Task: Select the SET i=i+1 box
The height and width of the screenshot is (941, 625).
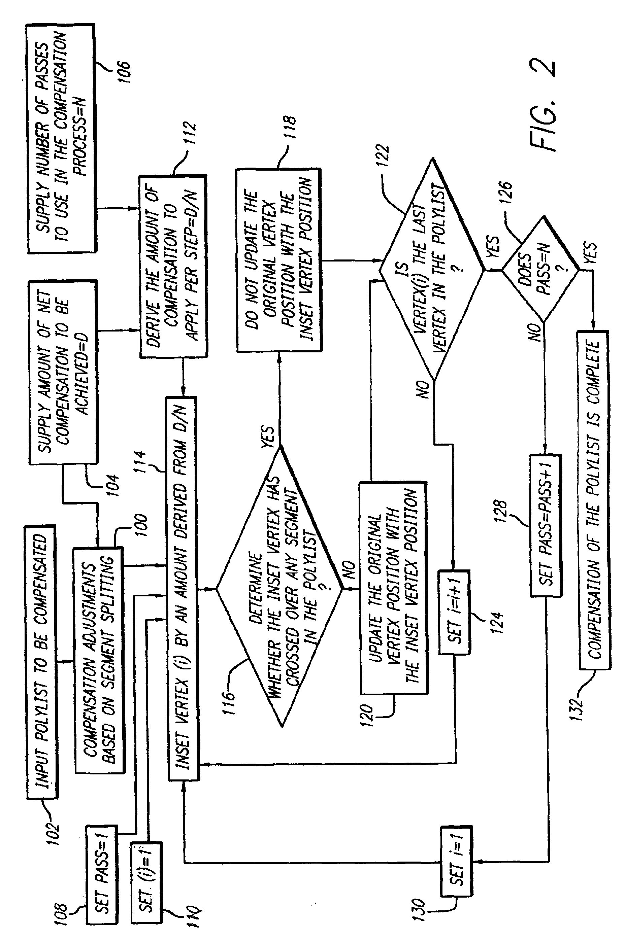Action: (x=454, y=612)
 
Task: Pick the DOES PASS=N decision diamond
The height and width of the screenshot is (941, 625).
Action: (x=540, y=269)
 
